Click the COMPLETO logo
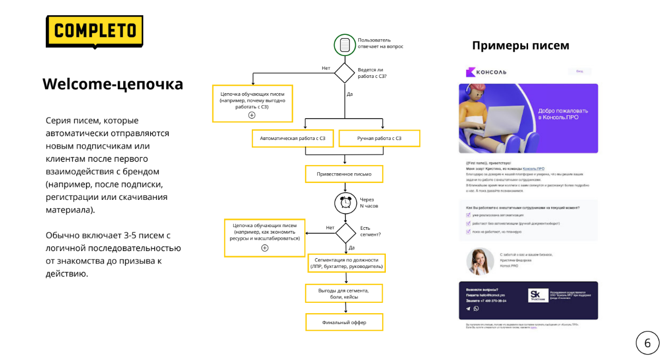point(94,31)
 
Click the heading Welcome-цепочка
point(113,84)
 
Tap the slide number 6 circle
point(647,343)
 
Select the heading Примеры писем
point(520,46)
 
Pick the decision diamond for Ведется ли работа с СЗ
point(344,73)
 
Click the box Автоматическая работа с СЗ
point(293,138)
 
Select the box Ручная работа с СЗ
point(379,138)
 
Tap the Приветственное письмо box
point(344,174)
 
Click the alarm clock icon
point(346,203)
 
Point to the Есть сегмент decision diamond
point(346,233)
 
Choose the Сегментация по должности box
point(347,263)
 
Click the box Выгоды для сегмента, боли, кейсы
point(343,294)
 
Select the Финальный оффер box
point(344,322)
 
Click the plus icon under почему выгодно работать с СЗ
point(252,115)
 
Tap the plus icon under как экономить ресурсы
point(265,248)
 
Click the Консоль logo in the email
point(486,72)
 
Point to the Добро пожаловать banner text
point(562,114)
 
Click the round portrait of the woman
point(480,261)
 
